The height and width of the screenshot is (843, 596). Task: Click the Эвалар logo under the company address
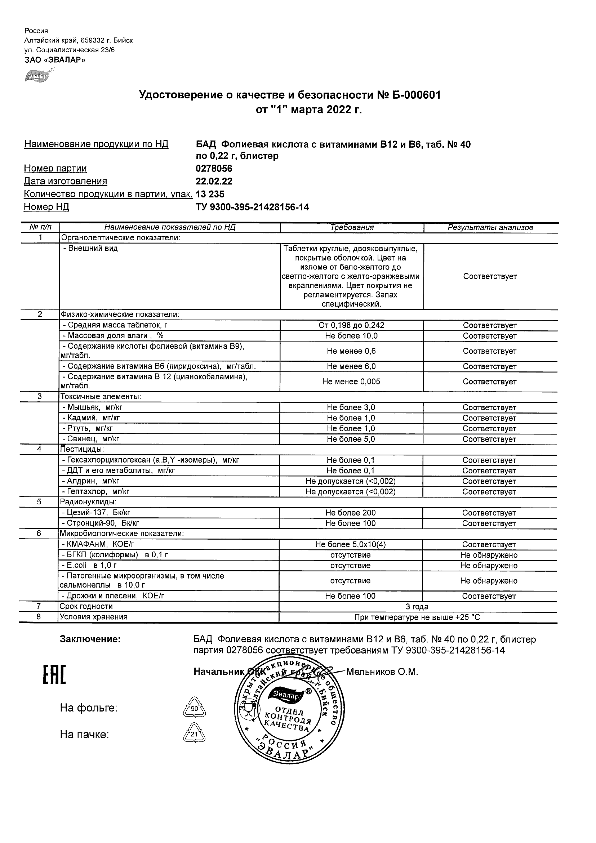pos(38,76)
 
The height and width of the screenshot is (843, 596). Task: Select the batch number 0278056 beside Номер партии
pos(214,169)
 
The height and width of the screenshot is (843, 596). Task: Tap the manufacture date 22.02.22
pos(214,181)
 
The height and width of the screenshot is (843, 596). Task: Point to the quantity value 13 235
pos(210,194)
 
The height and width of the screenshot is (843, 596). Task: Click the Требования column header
pos(352,228)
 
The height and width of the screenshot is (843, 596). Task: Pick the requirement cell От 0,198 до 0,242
pos(351,325)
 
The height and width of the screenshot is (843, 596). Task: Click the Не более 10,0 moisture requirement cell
pos(351,336)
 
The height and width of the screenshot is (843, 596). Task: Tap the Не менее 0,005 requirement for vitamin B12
pos(351,382)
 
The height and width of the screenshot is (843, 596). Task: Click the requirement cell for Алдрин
pos(351,481)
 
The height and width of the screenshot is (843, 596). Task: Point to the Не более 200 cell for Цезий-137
pos(351,513)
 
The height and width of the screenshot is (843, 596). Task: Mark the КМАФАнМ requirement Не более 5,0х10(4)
pos(351,544)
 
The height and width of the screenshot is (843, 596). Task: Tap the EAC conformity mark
pos(54,675)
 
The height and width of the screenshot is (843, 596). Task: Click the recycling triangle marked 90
pos(194,708)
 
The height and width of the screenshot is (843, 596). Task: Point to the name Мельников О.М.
pos(382,672)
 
